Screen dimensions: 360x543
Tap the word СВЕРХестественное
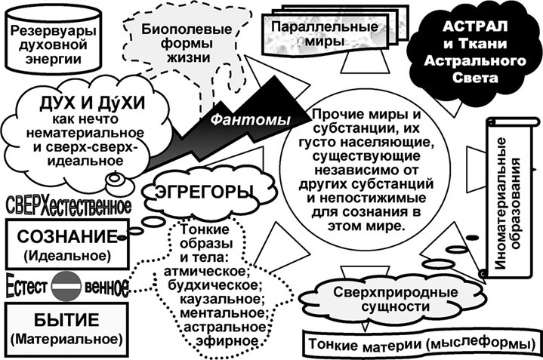(68, 206)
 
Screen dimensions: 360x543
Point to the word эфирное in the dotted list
(220, 340)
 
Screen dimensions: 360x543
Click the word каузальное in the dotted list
(219, 299)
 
